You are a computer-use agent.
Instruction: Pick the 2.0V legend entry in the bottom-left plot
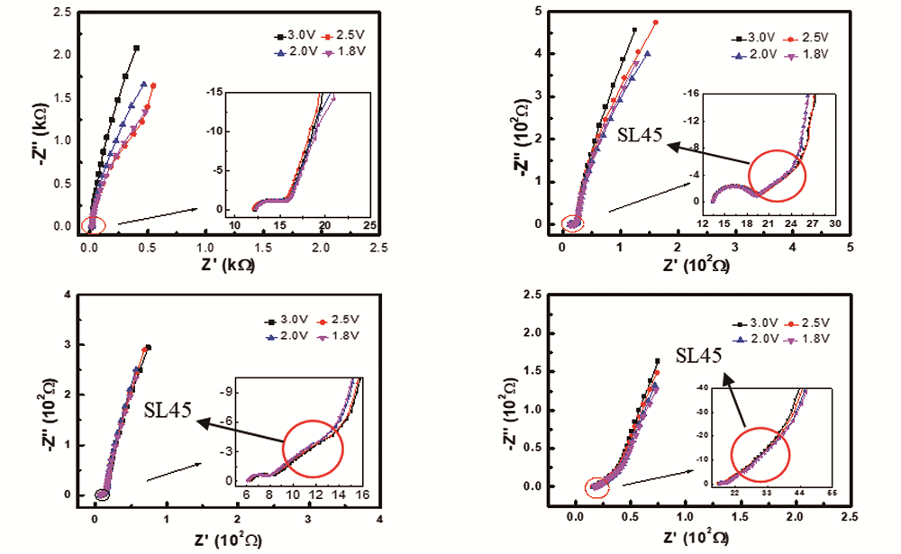287,336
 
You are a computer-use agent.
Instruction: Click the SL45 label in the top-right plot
641,135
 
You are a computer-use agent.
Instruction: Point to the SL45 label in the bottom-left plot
168,411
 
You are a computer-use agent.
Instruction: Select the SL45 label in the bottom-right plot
698,356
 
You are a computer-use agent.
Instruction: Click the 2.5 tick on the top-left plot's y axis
63,12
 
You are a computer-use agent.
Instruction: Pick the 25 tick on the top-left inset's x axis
369,223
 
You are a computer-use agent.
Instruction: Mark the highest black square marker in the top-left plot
136,48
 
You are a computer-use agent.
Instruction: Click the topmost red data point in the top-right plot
655,23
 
